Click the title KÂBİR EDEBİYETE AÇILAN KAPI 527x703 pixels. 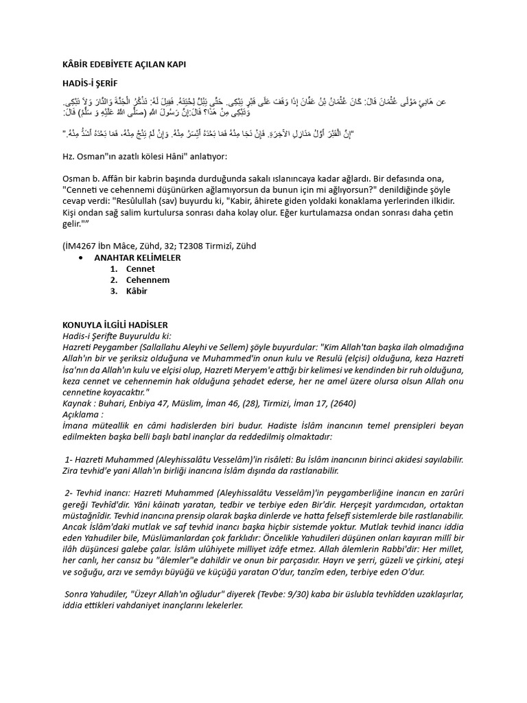click(x=124, y=64)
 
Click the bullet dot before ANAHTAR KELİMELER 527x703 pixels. click(x=82, y=257)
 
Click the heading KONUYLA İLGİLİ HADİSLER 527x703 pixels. click(x=115, y=324)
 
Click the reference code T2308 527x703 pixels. click(x=189, y=245)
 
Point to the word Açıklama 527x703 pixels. click(x=82, y=415)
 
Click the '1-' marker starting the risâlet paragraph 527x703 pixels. click(x=69, y=459)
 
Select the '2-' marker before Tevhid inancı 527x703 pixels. click(x=69, y=493)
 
